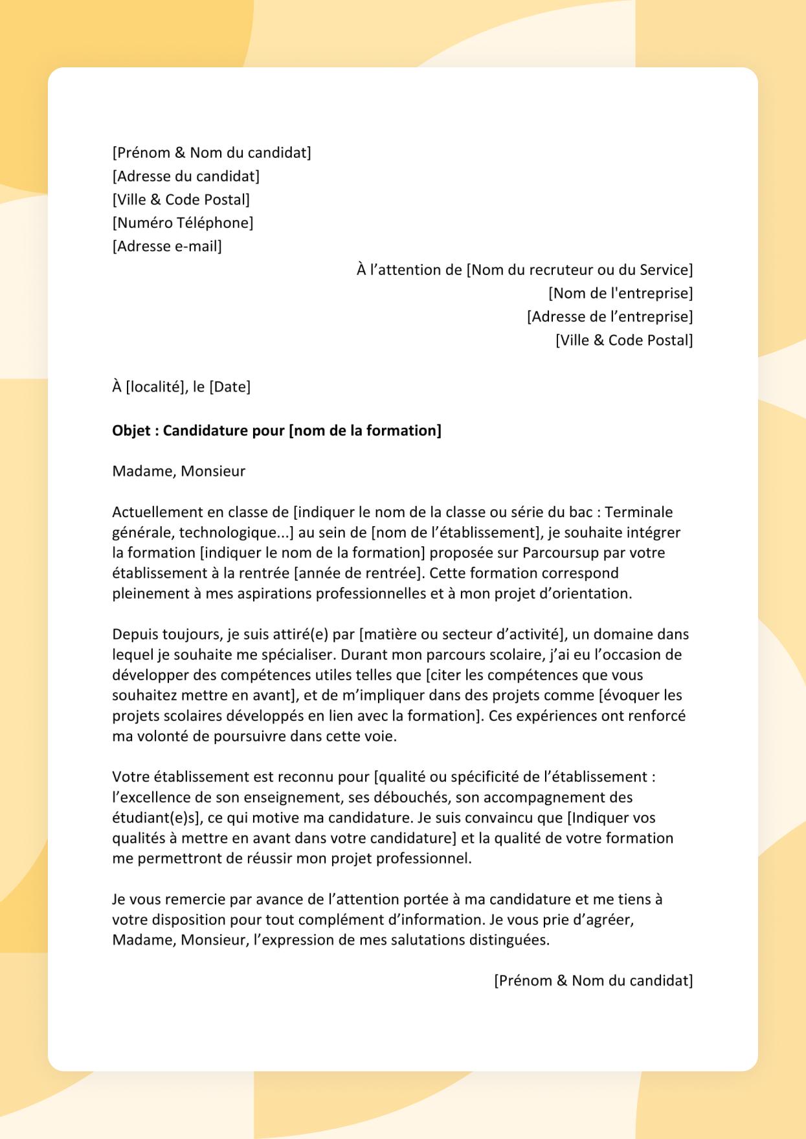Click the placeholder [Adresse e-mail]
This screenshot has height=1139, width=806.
[x=167, y=247]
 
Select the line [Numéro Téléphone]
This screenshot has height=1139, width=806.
[x=183, y=223]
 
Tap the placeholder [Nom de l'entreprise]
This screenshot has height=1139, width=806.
[x=620, y=293]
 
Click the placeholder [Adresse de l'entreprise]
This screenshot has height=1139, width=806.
[x=609, y=316]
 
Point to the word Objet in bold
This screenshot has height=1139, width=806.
[x=131, y=431]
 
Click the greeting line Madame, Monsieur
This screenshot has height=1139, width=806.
[x=179, y=471]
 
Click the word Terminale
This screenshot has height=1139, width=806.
[x=638, y=512]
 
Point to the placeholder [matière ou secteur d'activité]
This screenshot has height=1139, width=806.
[x=462, y=634]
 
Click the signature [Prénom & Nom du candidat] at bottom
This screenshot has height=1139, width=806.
[x=593, y=980]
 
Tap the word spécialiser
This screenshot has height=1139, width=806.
[x=297, y=654]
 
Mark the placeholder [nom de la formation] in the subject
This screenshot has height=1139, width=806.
[x=364, y=431]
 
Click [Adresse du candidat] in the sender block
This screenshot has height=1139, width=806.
[x=186, y=177]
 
